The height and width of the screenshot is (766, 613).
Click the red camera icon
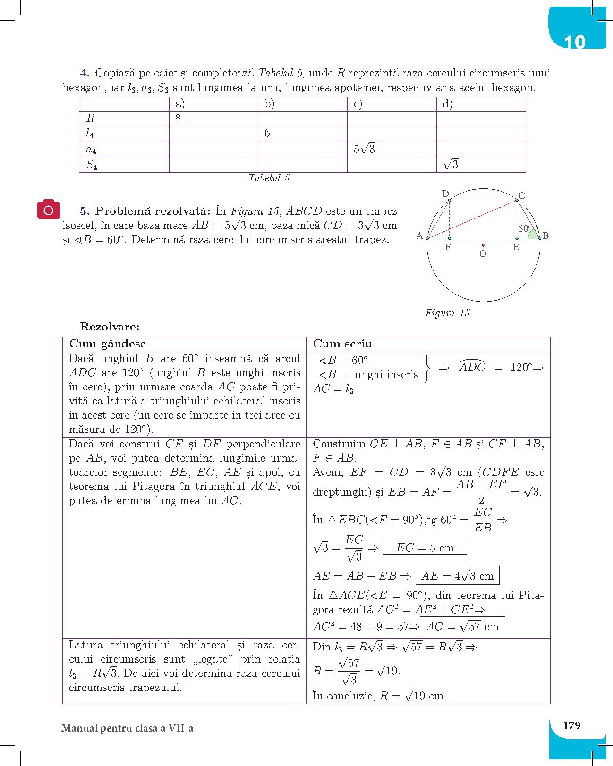(x=49, y=210)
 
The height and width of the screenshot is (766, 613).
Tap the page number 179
(x=572, y=725)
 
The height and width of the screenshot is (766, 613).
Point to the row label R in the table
(x=90, y=118)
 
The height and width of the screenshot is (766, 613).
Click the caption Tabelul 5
(x=269, y=178)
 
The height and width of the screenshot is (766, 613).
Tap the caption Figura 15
(x=447, y=313)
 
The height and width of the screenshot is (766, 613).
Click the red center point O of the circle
(x=484, y=245)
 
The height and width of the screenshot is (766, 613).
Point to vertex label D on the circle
(x=445, y=194)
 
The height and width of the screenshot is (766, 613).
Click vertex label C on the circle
(x=521, y=195)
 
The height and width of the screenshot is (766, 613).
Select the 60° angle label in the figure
(x=524, y=228)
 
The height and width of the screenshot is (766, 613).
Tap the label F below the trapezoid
(x=448, y=247)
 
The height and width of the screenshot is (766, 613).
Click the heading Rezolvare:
(x=110, y=326)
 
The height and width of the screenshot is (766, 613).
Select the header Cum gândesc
(x=108, y=344)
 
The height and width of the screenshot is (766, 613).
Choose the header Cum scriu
(x=342, y=344)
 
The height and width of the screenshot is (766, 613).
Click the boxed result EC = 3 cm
(x=425, y=547)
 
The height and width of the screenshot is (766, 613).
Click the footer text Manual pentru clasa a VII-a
(x=128, y=728)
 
